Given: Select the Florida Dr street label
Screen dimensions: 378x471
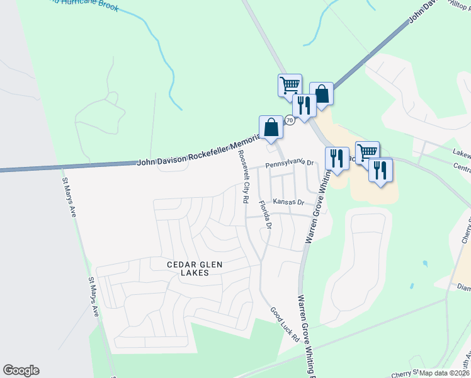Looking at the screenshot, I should pos(264,215).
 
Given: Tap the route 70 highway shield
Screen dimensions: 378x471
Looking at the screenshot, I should pos(290,120).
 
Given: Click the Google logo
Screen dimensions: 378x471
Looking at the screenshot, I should pos(21,370).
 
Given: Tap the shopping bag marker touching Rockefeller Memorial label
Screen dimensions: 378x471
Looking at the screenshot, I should pos(271,127).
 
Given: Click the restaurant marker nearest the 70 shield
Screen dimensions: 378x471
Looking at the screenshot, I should pos(304,106).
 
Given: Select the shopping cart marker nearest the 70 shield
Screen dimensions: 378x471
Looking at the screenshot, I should pos(290,85).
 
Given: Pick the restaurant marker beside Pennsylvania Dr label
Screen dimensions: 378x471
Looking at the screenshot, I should pos(337,158).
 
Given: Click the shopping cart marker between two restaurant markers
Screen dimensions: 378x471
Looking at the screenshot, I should pos(367,152).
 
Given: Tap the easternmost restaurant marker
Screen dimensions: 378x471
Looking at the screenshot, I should pos(380,171).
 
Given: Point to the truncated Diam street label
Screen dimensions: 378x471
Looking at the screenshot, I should pos(463,287).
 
